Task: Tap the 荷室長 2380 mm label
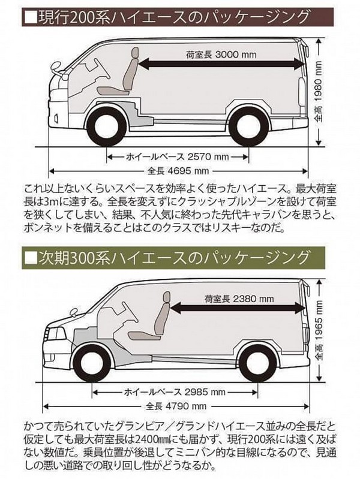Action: click(x=239, y=299)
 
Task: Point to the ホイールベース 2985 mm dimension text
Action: click(x=174, y=392)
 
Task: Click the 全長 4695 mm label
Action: click(x=178, y=168)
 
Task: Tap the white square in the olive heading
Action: click(x=29, y=259)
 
